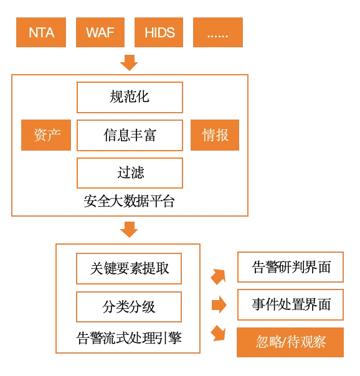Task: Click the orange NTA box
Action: click(x=41, y=32)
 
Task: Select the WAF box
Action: click(x=100, y=32)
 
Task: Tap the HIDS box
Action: click(x=159, y=32)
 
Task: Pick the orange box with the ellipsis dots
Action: click(x=218, y=32)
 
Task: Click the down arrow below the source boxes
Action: click(x=129, y=63)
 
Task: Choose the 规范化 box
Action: click(x=130, y=97)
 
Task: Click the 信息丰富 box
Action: click(x=130, y=136)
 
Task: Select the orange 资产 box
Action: click(x=46, y=135)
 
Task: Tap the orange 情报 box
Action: click(x=215, y=135)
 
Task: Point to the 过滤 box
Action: click(x=130, y=173)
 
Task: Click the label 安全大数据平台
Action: click(x=129, y=201)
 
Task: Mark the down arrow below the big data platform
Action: click(x=129, y=230)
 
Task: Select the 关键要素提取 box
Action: click(x=129, y=268)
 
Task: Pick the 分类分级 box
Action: click(x=129, y=307)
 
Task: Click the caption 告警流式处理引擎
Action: click(x=129, y=338)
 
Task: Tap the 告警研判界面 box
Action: click(x=290, y=267)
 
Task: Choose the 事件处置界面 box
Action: click(x=290, y=304)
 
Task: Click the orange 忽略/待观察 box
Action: click(x=290, y=342)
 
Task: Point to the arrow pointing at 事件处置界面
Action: click(x=219, y=304)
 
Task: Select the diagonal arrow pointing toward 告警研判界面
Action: click(x=219, y=277)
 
